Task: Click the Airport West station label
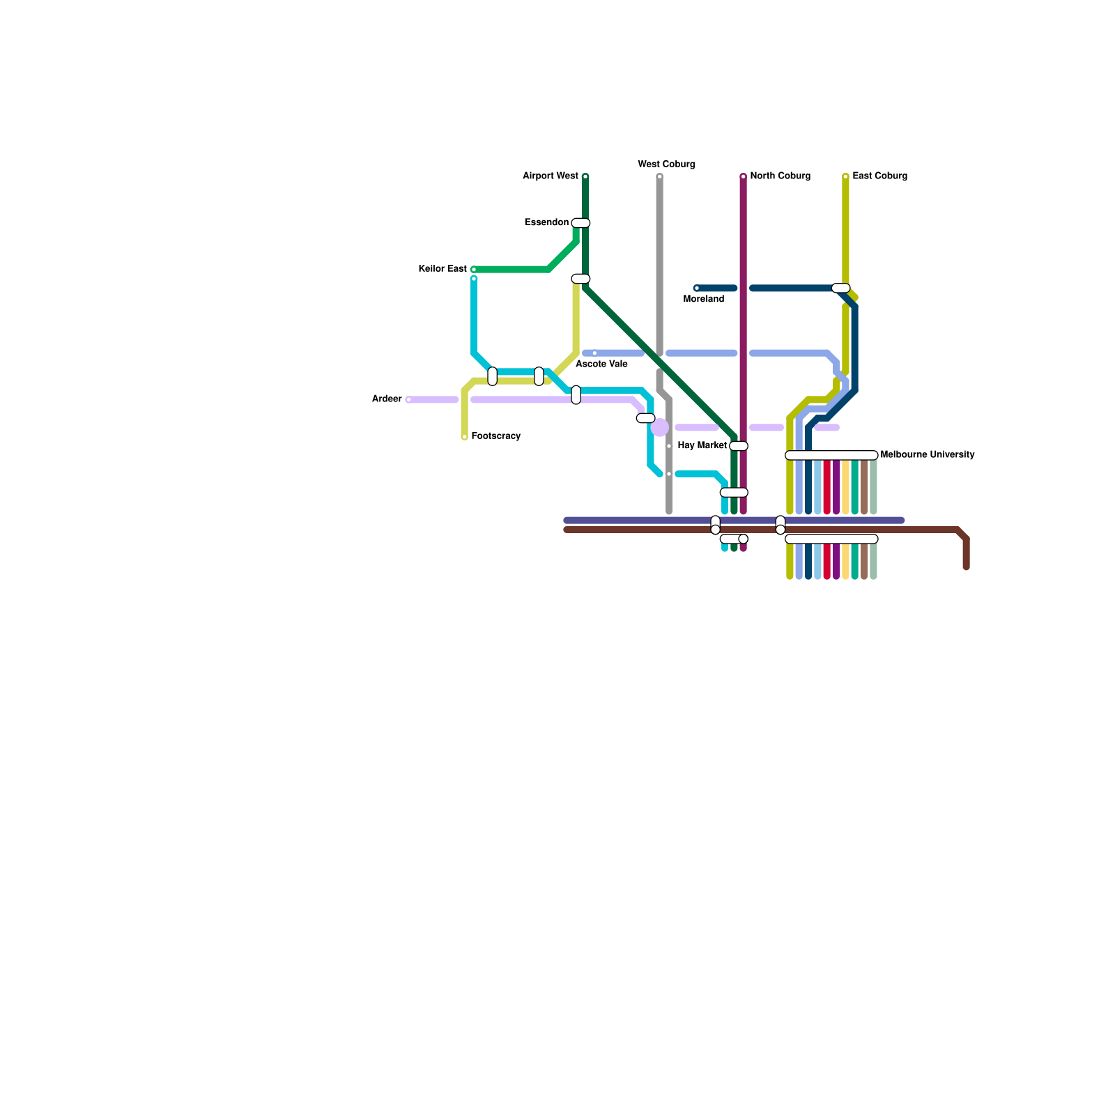coord(551,176)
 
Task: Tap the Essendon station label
coord(546,223)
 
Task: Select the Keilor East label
coord(443,269)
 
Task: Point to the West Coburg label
coord(666,164)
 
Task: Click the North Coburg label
coord(780,176)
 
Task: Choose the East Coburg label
coord(879,176)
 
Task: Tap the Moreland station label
coord(704,300)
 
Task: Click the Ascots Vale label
coord(602,364)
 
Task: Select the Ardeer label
coord(387,399)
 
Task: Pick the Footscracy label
coord(496,436)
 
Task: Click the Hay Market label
coord(702,446)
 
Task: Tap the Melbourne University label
coord(927,455)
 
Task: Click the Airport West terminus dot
coord(585,176)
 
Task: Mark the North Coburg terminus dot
coord(743,176)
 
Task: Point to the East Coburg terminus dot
coord(845,176)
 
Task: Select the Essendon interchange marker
coord(580,223)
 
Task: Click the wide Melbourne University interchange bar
coord(831,456)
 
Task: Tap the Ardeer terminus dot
coord(408,400)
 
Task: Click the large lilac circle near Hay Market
coord(659,428)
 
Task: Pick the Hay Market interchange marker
coord(739,446)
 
